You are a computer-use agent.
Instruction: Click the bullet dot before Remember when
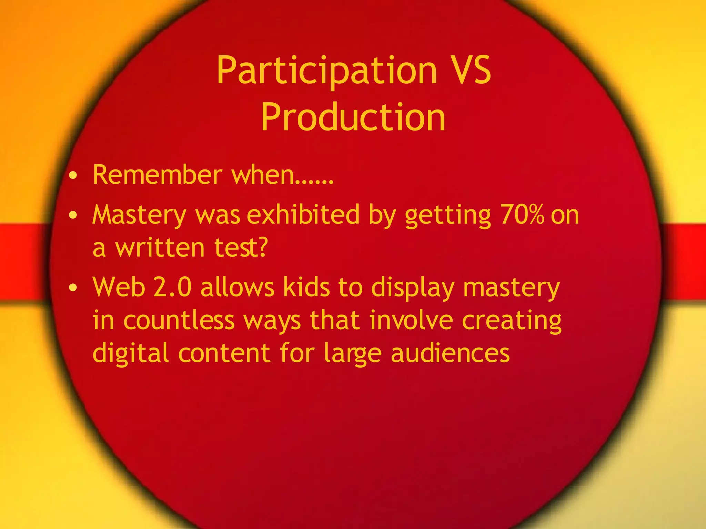[x=73, y=177]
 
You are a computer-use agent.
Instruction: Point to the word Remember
[x=157, y=175]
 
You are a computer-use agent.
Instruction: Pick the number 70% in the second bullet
[x=522, y=215]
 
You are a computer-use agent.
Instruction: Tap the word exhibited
[x=303, y=215]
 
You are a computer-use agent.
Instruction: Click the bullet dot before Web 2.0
[x=73, y=288]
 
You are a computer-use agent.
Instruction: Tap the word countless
[x=179, y=320]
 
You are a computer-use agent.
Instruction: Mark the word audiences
[x=450, y=353]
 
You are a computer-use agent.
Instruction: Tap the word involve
[x=411, y=320]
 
